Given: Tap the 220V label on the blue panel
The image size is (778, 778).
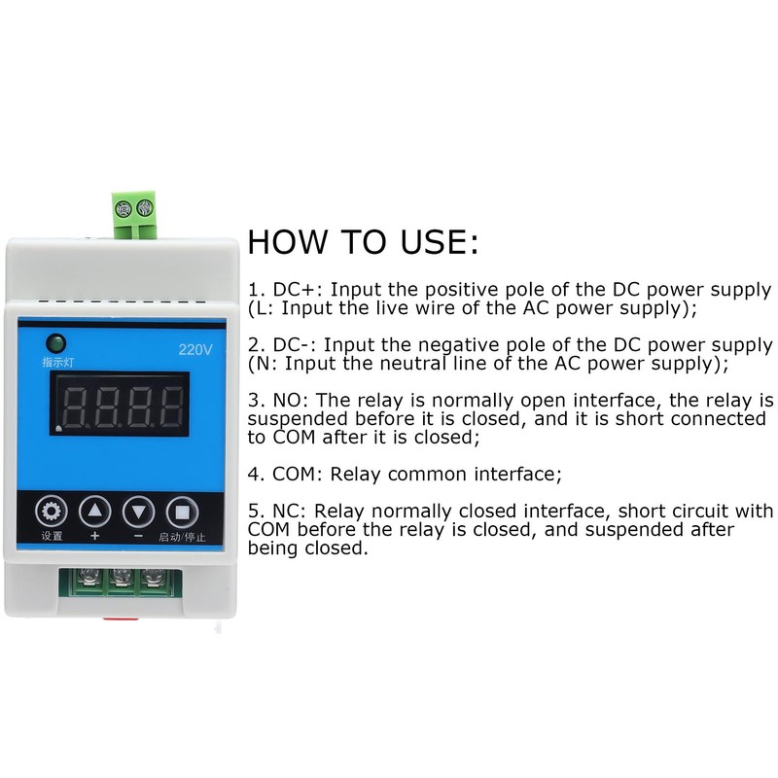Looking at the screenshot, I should click(x=194, y=351).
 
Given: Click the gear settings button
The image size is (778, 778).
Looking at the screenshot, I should click(x=53, y=511).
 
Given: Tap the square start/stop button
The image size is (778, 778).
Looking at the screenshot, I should click(x=181, y=511).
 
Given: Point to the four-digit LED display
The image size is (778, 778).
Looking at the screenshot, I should click(x=123, y=408).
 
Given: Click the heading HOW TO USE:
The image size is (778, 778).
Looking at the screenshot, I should click(x=363, y=242).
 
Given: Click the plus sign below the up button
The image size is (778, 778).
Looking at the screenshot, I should click(x=94, y=536).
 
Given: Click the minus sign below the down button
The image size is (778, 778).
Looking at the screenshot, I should click(x=138, y=536).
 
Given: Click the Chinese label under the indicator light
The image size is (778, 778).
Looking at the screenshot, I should click(x=54, y=363).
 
